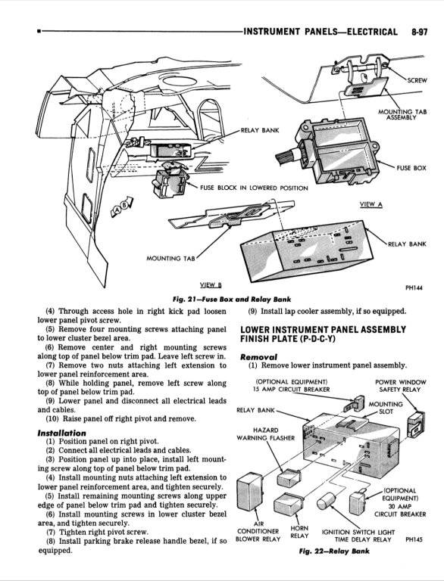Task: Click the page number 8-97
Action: (x=423, y=31)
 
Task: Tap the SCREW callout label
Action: (x=417, y=79)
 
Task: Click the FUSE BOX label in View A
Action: (x=411, y=167)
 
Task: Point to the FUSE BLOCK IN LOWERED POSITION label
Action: (x=254, y=188)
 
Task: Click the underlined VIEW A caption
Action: (x=371, y=205)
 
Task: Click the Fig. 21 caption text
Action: (x=220, y=297)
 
